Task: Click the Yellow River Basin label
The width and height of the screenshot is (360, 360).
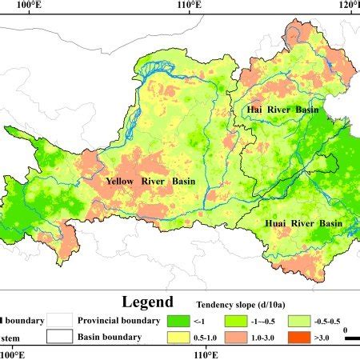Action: pyautogui.click(x=150, y=181)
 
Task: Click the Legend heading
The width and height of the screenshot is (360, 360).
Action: pyautogui.click(x=146, y=302)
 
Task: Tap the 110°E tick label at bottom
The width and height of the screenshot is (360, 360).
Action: pyautogui.click(x=188, y=354)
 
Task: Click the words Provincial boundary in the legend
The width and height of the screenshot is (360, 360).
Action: pyautogui.click(x=116, y=321)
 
